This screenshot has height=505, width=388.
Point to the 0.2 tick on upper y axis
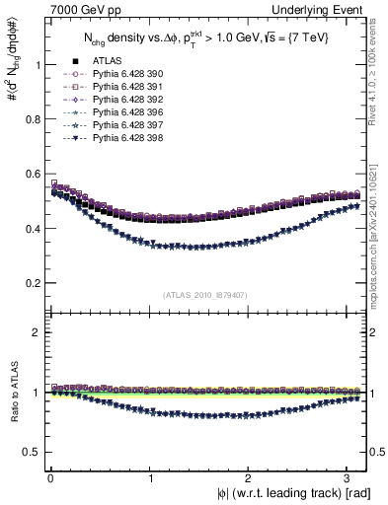point(30,283)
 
